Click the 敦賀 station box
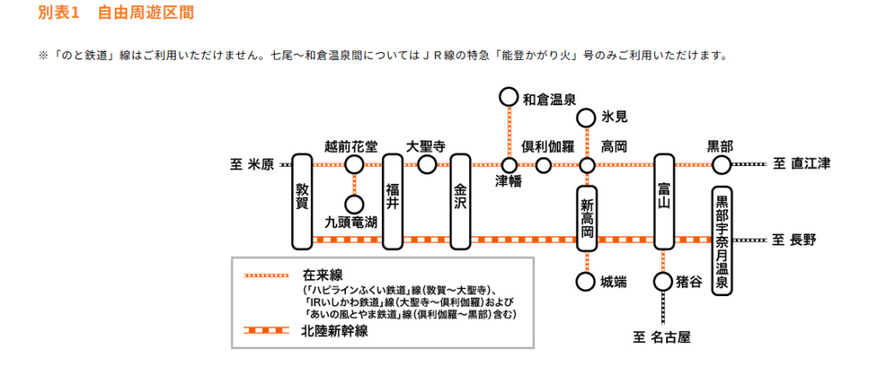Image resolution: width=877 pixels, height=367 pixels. click(301, 201)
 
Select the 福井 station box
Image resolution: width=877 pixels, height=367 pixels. click(392, 201)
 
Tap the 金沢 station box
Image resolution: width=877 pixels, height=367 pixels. click(461, 201)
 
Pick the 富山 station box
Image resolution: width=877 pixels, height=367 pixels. click(665, 201)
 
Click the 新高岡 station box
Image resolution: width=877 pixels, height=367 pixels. click(588, 220)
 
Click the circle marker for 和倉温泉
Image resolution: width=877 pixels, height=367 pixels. click(509, 98)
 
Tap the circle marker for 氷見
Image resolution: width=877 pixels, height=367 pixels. click(588, 118)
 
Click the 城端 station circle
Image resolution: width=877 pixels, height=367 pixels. click(588, 281)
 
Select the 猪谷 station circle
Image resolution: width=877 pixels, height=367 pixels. click(665, 281)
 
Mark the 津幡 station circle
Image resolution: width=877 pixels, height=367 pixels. click(509, 164)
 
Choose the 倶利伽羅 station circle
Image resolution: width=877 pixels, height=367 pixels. click(543, 164)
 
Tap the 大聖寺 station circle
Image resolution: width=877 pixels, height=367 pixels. click(427, 164)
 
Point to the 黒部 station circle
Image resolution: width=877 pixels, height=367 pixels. click(722, 164)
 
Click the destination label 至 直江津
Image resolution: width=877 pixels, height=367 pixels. click(802, 164)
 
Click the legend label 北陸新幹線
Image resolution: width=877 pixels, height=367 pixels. click(334, 331)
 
